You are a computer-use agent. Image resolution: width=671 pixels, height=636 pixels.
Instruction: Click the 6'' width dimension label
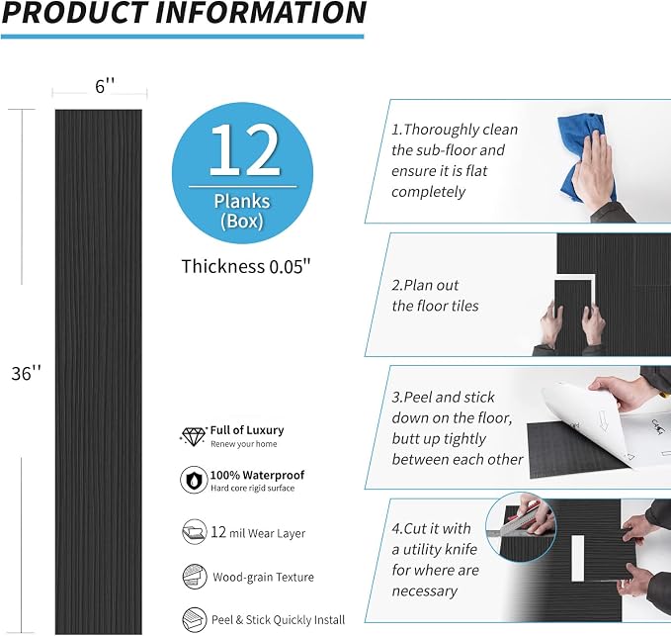tap(105, 86)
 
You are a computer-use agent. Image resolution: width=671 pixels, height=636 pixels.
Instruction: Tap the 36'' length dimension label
tap(26, 373)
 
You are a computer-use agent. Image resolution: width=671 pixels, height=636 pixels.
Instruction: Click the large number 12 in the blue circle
tap(244, 150)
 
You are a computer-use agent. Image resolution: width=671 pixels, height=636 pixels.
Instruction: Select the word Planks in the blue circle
tap(242, 202)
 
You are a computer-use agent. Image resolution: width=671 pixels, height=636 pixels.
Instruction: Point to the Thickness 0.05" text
tap(246, 266)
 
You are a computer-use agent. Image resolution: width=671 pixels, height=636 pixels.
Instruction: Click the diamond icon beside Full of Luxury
tap(193, 436)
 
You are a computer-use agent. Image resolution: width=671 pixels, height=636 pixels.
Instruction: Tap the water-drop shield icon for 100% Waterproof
tap(194, 480)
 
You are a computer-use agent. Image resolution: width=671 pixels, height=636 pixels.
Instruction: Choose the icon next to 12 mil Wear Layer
tap(194, 532)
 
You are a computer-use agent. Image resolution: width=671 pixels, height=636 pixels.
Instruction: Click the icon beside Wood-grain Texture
tap(195, 577)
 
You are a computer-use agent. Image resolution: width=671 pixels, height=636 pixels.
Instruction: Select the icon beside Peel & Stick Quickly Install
tap(195, 620)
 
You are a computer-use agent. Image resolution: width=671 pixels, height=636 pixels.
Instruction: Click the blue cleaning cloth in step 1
tap(583, 154)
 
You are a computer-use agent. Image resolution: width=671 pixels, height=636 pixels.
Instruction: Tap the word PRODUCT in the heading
tap(75, 13)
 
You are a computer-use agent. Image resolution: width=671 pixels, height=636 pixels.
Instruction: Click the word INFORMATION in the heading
tap(261, 13)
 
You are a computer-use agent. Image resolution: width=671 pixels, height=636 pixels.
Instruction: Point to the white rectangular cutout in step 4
tap(578, 558)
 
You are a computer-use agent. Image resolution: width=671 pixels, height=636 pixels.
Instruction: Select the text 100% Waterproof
tap(257, 475)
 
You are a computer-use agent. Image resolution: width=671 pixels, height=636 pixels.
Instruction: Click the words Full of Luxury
tap(247, 430)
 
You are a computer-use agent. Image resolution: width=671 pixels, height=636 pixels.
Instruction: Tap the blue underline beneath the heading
tap(182, 37)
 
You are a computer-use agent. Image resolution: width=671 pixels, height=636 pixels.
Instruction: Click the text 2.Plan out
tap(425, 285)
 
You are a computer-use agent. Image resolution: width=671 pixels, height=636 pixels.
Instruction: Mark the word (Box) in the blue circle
tap(242, 221)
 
